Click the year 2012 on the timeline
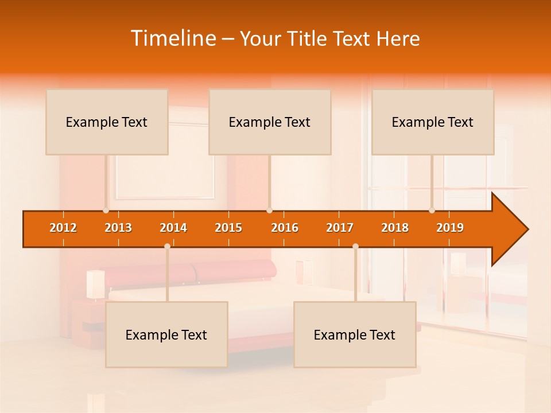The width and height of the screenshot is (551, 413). coord(63,228)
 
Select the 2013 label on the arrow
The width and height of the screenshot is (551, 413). coord(118,228)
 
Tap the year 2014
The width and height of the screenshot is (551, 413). coord(173,228)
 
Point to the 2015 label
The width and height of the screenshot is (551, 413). coord(228,228)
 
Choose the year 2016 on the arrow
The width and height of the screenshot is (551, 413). coord(285,228)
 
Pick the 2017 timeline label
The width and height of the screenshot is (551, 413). coord(340,228)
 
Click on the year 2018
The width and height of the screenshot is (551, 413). coord(395,228)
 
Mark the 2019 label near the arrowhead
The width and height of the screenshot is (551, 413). coord(450,228)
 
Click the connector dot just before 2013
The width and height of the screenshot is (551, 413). coord(106,211)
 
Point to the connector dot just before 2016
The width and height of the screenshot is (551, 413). coord(269,211)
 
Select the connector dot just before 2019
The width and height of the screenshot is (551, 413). coord(432,211)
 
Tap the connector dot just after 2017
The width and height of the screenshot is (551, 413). coord(355,247)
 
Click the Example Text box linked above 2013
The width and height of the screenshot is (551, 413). coord(107,122)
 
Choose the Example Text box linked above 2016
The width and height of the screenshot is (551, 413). coord(270,122)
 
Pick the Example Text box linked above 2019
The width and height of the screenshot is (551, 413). coord(433,122)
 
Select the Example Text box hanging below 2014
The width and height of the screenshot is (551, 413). coord(166,334)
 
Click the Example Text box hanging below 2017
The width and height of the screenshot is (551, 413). coord(355,334)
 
